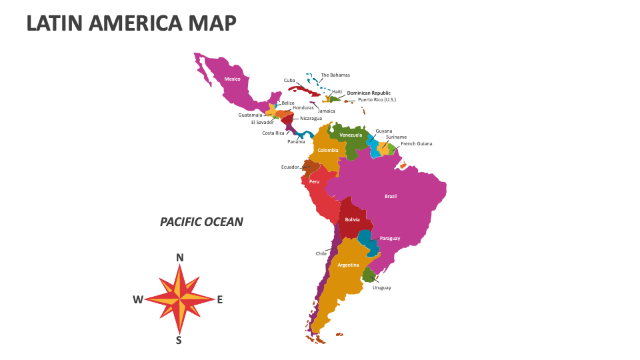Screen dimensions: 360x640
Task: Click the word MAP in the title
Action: [x=207, y=23]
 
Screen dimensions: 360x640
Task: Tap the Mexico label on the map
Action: [x=232, y=79]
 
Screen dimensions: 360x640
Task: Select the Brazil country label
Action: [x=391, y=196]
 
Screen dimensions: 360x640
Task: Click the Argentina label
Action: [x=348, y=265]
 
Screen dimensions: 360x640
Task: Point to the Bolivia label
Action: [x=353, y=219]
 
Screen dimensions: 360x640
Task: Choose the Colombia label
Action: [x=328, y=150]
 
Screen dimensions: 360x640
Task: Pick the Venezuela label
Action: [x=351, y=135]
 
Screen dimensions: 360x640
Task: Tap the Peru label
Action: [x=314, y=181]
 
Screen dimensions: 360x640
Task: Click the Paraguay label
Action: [x=390, y=238]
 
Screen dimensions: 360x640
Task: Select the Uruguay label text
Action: [x=382, y=287]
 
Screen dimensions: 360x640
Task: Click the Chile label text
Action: [x=321, y=253]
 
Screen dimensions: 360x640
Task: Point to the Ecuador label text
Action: [x=290, y=167]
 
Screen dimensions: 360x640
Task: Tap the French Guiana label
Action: [x=417, y=143]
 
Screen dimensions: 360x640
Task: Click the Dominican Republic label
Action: [x=369, y=93]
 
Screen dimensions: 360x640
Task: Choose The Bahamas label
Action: [x=335, y=75]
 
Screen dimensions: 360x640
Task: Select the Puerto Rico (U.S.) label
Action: [x=377, y=99]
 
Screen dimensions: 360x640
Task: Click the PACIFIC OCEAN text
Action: [x=201, y=222]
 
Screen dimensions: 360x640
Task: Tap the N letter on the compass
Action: [x=179, y=258]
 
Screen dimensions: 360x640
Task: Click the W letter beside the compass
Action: [x=137, y=299]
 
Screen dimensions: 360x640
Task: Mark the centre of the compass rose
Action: [x=179, y=299]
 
